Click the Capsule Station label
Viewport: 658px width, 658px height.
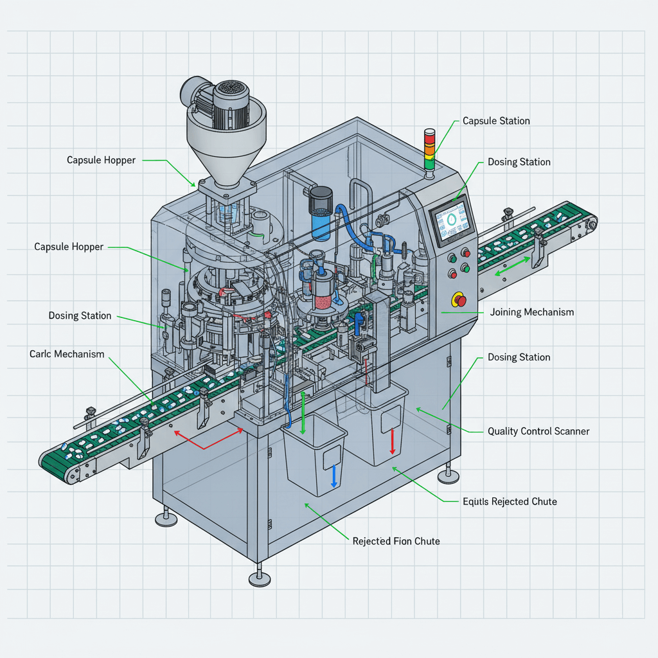(x=496, y=121)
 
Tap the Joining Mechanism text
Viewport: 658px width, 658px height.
(x=532, y=312)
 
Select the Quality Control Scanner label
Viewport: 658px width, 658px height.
(x=538, y=431)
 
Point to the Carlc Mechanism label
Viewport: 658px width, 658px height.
(x=67, y=354)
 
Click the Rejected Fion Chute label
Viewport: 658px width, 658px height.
(x=396, y=541)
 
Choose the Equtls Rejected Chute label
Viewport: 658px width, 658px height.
(x=510, y=501)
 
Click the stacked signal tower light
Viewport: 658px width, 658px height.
(x=429, y=149)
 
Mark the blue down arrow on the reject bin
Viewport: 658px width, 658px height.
(x=333, y=476)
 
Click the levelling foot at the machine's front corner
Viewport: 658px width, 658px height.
(x=259, y=578)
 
